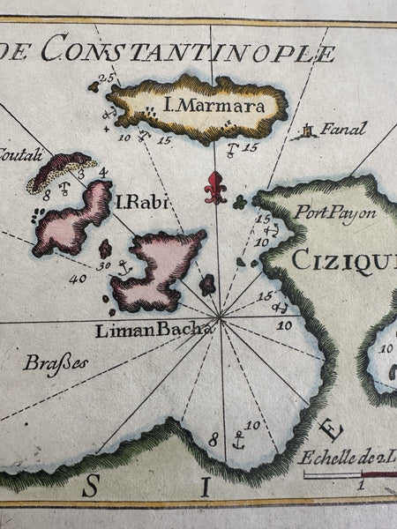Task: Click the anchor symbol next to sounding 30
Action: coord(124,266)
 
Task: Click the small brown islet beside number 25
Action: coord(94,86)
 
